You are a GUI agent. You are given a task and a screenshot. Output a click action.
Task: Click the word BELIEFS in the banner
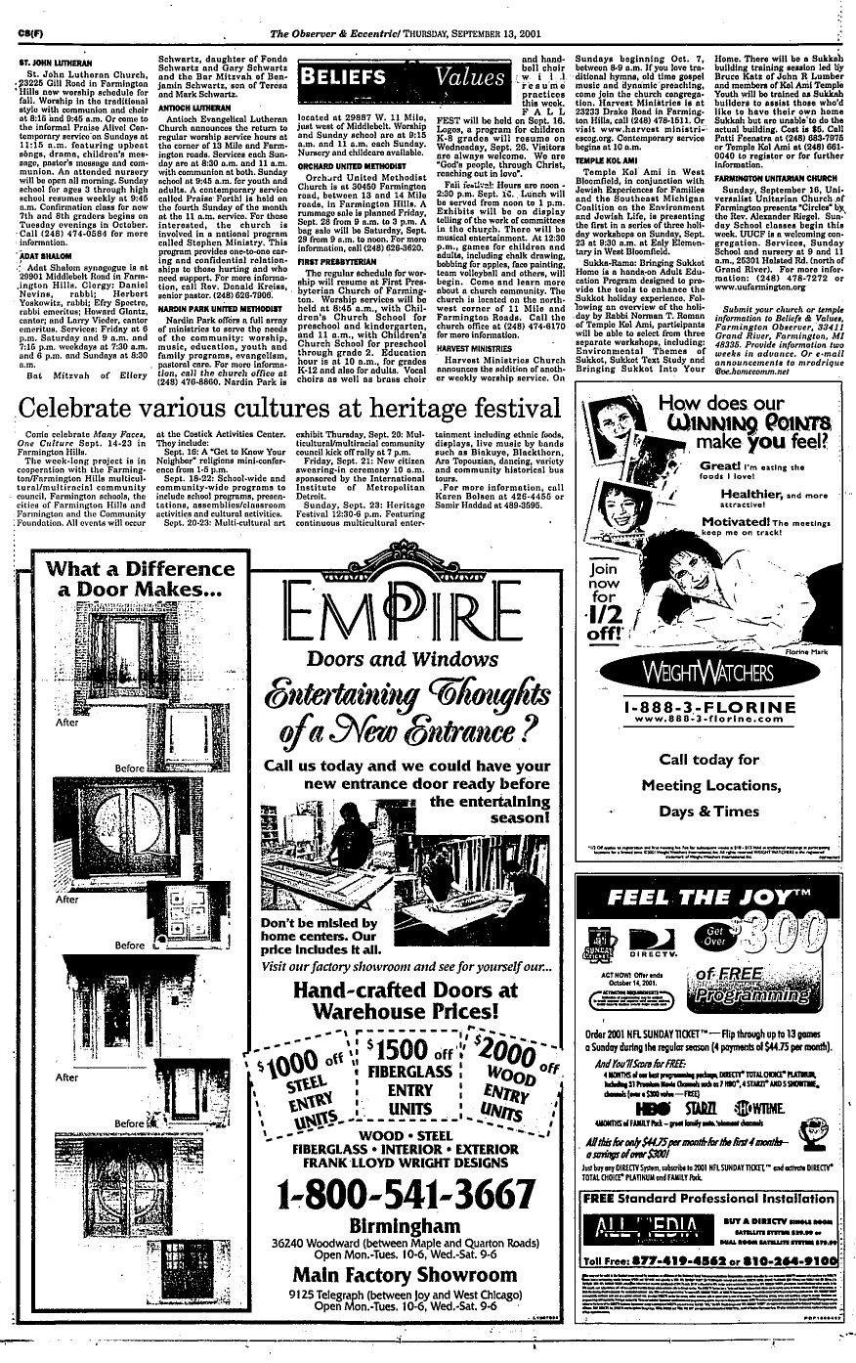point(347,77)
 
